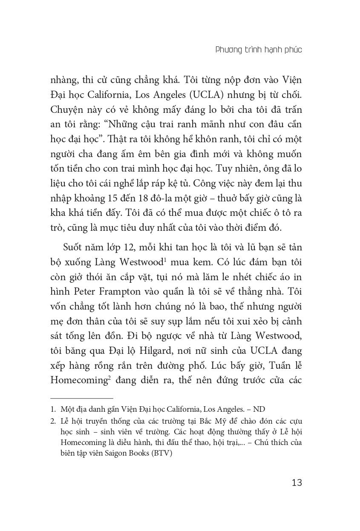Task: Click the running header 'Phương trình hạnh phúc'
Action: (x=259, y=50)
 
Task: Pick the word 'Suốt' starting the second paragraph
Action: (x=74, y=247)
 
